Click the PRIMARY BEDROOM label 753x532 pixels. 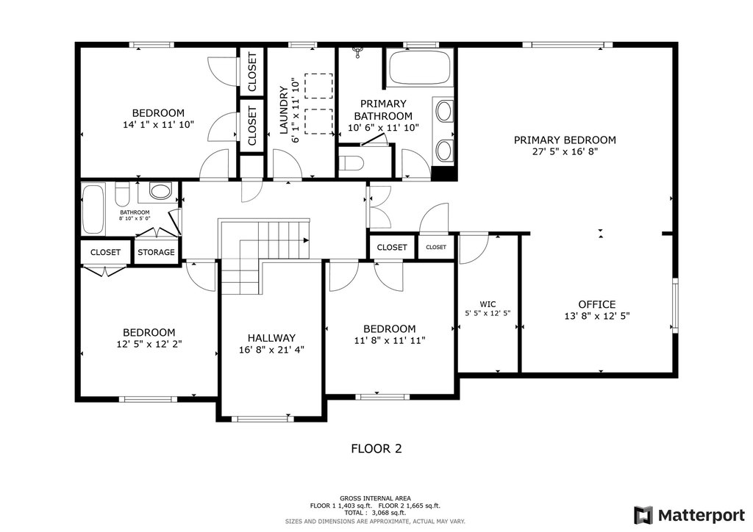[565, 140]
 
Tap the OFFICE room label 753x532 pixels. [597, 304]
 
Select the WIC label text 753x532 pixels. [488, 304]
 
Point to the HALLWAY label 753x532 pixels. [271, 338]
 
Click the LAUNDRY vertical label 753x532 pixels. [283, 110]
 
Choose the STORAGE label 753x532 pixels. [156, 252]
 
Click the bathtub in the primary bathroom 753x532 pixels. [420, 68]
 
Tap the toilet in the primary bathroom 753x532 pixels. [351, 163]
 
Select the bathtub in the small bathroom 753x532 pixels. [93, 209]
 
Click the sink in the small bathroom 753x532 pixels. [160, 191]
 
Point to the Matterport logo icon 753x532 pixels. [643, 515]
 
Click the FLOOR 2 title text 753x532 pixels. [376, 448]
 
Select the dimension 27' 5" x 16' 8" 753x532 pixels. [565, 151]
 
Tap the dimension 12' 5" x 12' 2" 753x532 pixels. [149, 344]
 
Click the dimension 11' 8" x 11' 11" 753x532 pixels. [390, 341]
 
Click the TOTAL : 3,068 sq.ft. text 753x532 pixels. [375, 513]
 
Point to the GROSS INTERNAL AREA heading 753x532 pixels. [375, 498]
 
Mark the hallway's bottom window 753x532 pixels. [263, 419]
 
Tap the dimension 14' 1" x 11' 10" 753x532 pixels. [159, 125]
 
